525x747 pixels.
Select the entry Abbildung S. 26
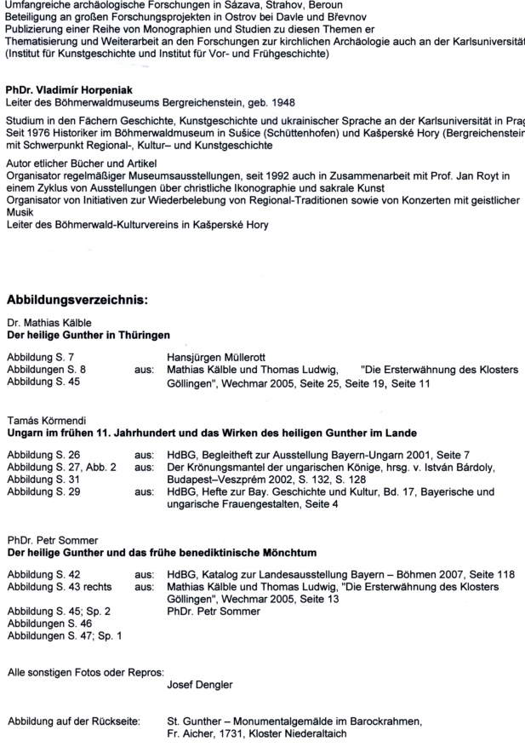pos(43,456)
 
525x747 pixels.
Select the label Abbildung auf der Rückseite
pos(73,721)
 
